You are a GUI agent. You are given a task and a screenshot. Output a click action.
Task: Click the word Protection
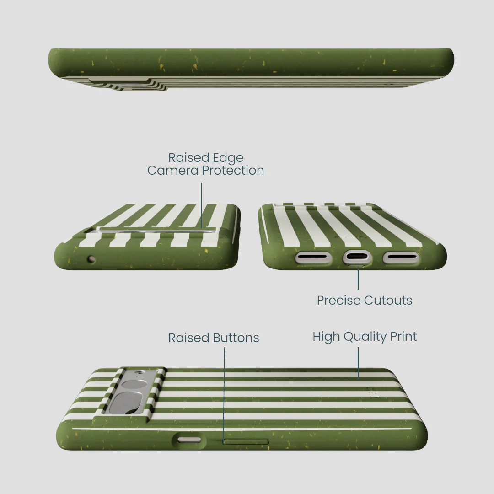click(x=233, y=171)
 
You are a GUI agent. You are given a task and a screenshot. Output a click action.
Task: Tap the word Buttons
click(x=236, y=338)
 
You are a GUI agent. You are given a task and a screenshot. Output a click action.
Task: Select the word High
click(x=326, y=337)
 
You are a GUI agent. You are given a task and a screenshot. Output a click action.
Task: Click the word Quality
click(x=365, y=337)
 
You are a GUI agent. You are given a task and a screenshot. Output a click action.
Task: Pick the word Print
click(x=403, y=337)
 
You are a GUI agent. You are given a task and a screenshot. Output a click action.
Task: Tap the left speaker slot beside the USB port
click(x=313, y=258)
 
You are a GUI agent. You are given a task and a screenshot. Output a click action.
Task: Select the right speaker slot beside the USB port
click(x=401, y=258)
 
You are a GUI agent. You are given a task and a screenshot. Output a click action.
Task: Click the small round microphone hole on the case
click(x=91, y=259)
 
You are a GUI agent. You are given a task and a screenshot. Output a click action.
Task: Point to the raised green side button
click(x=246, y=441)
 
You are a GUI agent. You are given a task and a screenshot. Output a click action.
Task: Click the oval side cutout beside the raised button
click(x=189, y=440)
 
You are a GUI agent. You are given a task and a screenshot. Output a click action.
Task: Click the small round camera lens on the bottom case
click(x=134, y=385)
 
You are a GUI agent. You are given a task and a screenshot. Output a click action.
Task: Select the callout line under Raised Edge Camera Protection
click(x=201, y=205)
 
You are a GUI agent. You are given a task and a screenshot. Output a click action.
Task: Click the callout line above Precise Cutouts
click(x=358, y=278)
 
